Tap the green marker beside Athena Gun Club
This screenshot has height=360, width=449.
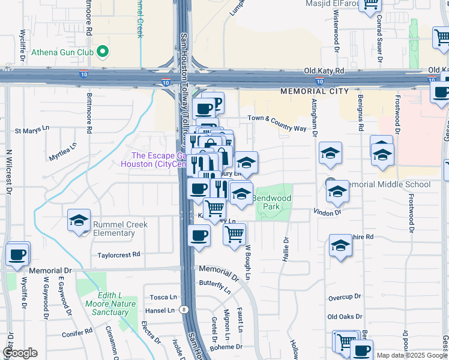(103, 52)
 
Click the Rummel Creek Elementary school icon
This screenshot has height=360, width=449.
(79, 220)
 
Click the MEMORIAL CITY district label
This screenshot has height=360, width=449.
(314, 91)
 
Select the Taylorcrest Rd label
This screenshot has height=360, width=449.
(119, 255)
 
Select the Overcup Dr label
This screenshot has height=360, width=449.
(345, 297)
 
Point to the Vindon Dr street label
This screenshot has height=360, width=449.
(327, 212)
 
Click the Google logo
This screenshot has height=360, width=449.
(20, 353)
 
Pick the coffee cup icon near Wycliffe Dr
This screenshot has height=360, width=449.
(17, 254)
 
